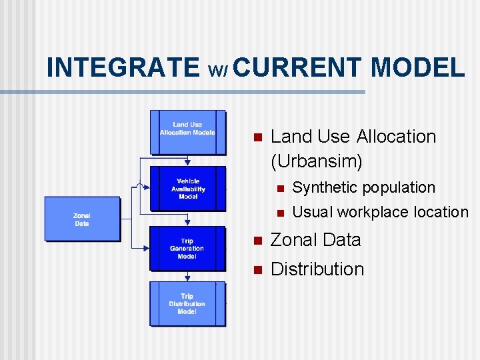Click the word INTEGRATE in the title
(x=123, y=67)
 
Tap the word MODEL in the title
(x=417, y=67)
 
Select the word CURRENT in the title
(x=299, y=67)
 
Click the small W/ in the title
(x=219, y=70)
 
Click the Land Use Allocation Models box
(x=187, y=129)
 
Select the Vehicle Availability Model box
(x=187, y=189)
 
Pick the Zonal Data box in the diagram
(x=82, y=219)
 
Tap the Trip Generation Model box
(x=187, y=249)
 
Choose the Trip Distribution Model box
(x=187, y=304)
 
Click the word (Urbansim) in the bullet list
(x=317, y=161)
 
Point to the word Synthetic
(x=324, y=188)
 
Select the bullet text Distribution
(x=317, y=269)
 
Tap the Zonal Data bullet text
(x=315, y=240)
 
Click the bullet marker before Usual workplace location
(x=280, y=213)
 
